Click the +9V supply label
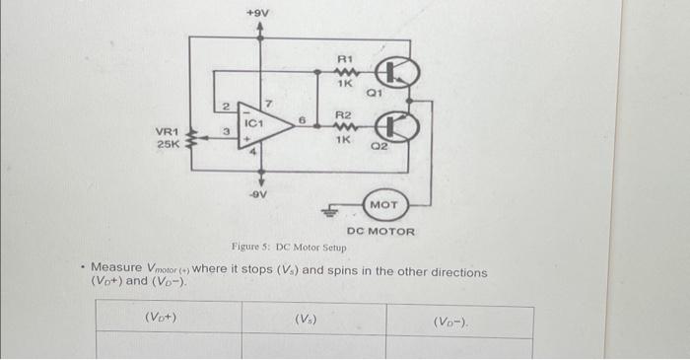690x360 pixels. (259, 13)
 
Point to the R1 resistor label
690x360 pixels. (345, 59)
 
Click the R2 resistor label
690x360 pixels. (345, 114)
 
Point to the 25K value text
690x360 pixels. (167, 144)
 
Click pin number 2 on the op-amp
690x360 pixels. (226, 106)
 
